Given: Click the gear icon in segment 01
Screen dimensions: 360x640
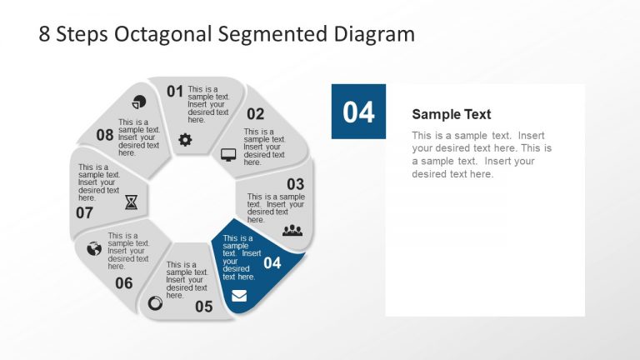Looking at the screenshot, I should pos(185,140).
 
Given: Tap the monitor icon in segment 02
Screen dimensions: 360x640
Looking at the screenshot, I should pos(228,154).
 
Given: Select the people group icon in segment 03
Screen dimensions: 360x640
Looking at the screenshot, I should pos(292,230).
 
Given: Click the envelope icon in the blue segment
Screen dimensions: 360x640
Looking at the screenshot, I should pos(239,295).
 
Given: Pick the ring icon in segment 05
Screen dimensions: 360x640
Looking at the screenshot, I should pos(155,303).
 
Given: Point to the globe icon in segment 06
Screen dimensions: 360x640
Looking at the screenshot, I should pos(93,248).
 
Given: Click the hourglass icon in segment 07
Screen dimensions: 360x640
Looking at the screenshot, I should pos(132,202).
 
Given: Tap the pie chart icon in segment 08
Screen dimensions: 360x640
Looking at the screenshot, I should pos(139,102).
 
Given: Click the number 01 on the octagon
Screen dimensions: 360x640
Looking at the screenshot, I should pos(174,92).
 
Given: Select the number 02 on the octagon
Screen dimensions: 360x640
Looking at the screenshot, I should pos(255,114).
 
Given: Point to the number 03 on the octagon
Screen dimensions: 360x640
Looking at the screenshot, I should pos(295,184).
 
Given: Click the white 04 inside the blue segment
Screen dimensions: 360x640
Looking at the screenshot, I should pos(272,263).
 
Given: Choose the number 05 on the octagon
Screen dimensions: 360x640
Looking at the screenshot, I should pos(204,307).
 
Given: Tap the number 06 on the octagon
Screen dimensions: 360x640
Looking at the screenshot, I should pos(123,283).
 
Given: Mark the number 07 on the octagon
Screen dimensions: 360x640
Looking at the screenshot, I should pos(84,212).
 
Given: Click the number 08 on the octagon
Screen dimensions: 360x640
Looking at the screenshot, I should pos(105,135).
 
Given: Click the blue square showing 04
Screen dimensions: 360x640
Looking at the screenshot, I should pos(358,112).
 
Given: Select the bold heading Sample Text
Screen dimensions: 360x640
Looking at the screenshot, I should pos(452,115).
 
